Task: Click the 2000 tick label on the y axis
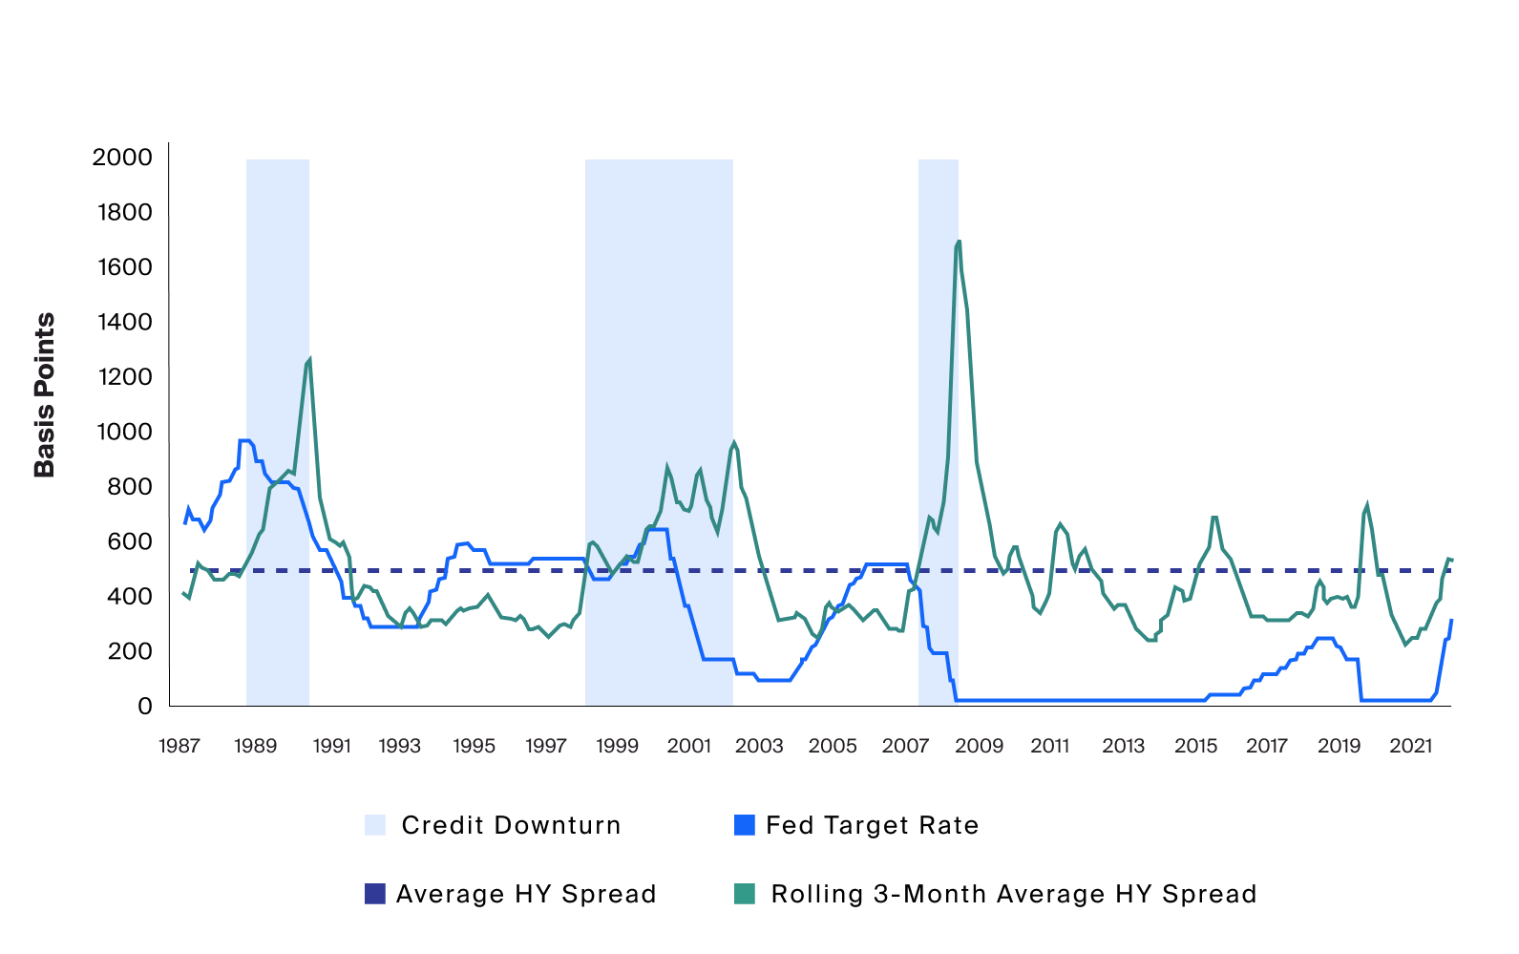pos(122,157)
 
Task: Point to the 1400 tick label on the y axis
pos(124,322)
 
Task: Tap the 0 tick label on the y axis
pos(144,706)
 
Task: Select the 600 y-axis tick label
pos(130,541)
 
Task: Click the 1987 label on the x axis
pos(179,746)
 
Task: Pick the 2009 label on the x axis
pos(980,746)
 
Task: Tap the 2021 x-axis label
pos(1411,746)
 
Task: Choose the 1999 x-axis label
pos(617,746)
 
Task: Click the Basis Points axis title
pos(45,394)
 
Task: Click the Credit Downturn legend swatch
pos(375,825)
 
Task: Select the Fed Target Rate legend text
pos(872,825)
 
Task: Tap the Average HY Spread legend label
pos(526,894)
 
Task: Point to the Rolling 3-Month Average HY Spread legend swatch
pos(744,894)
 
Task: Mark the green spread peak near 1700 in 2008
pos(959,242)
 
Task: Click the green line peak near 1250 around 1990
pos(309,359)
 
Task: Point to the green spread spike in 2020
pos(1367,505)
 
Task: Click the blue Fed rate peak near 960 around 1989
pos(244,441)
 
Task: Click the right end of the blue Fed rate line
pos(1451,621)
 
